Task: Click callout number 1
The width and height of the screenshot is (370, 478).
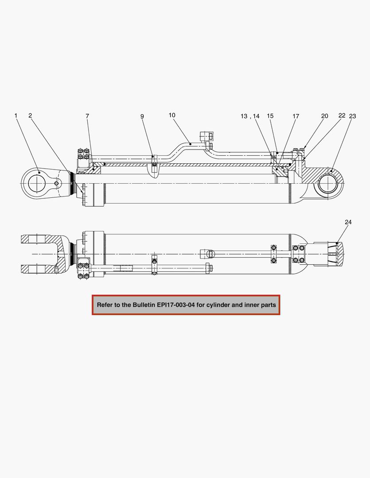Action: coord(16,116)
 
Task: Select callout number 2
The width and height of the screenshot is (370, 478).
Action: coord(30,116)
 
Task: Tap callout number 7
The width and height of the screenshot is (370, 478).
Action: coord(87,116)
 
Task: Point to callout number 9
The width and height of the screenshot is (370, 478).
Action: coord(142,116)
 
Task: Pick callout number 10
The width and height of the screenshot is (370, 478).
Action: coord(172,115)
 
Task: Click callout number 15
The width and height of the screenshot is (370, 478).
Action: coord(270,116)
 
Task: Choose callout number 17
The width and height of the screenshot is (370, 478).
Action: coord(296,116)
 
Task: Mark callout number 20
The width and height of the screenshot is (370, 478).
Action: coord(325,116)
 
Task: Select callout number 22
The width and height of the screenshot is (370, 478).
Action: coord(342,116)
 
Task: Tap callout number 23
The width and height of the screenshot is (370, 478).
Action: coord(353,116)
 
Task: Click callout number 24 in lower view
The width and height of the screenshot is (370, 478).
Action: coord(348,222)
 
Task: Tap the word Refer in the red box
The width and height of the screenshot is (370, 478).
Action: coord(105,305)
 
